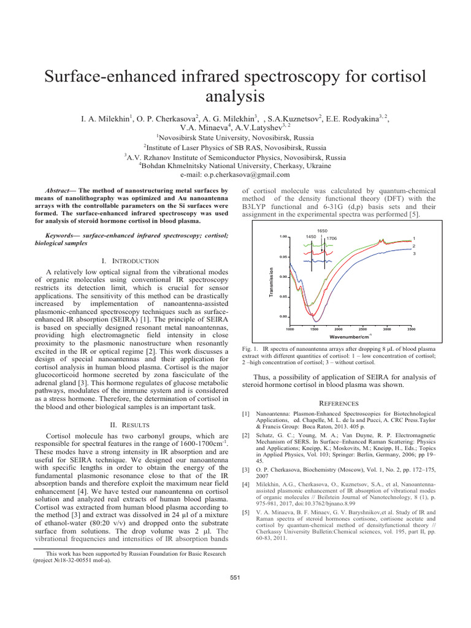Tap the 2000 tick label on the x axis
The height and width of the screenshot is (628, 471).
[338, 329]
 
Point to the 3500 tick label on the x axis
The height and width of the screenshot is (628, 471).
[411, 329]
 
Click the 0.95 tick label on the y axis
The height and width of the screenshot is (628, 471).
[283, 256]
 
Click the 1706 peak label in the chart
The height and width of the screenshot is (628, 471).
[332, 238]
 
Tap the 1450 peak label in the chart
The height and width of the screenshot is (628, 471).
[311, 237]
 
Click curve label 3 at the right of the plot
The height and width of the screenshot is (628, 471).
[415, 253]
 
